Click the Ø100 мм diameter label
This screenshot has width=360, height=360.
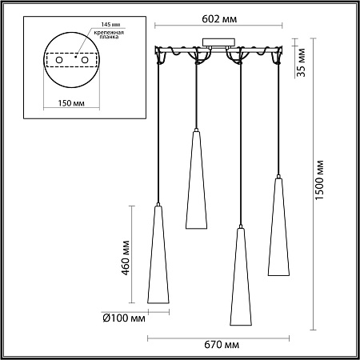click(126, 318)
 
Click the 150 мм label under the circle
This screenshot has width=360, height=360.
click(72, 102)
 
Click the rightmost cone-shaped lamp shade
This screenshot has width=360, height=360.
click(278, 228)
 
